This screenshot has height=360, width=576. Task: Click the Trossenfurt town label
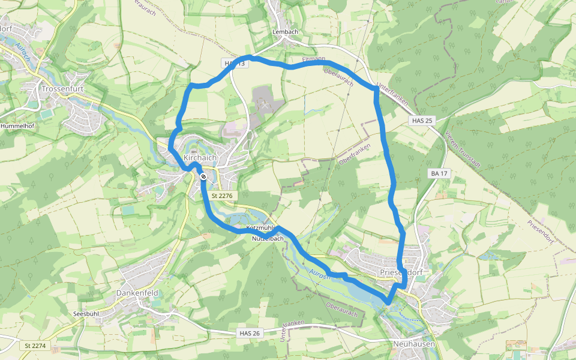point(62,88)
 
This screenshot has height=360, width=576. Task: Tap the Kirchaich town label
point(199,157)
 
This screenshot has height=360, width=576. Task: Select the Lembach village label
point(285,32)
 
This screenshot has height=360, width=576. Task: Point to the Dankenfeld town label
point(138,294)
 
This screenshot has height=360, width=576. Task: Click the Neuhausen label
point(414,344)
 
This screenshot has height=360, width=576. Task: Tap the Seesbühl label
point(85,314)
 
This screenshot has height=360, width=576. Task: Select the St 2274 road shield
point(35,346)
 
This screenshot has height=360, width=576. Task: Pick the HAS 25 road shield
point(422,121)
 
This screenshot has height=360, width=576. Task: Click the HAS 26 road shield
point(250,333)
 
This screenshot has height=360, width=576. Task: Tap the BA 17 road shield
point(439,173)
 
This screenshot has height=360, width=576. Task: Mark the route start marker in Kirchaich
point(204,176)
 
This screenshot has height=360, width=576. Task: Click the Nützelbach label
point(268,238)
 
